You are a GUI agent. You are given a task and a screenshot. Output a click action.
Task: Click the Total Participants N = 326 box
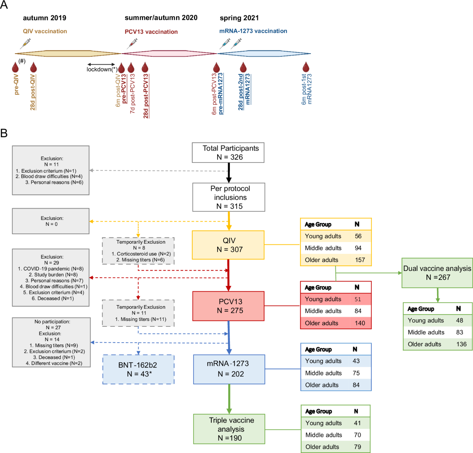[x=228, y=153]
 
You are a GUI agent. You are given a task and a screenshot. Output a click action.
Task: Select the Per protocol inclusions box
[x=229, y=197]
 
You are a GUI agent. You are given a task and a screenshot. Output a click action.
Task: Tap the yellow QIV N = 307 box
[x=228, y=245]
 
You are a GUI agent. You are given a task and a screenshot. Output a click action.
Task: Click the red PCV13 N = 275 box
[x=228, y=306]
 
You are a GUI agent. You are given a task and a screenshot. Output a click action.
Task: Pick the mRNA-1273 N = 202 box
[x=229, y=369]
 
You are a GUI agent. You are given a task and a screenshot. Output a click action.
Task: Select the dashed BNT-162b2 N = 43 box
[x=138, y=369]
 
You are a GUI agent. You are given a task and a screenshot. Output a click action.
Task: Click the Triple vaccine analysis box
[x=229, y=429]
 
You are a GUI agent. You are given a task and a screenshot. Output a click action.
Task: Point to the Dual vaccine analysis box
[x=437, y=273]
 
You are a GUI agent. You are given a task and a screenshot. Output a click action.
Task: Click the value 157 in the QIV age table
[x=359, y=260]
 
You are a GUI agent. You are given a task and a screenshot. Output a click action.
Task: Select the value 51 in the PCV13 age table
[x=358, y=299]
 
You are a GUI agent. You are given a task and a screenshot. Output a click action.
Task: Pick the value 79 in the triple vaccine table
[x=357, y=447]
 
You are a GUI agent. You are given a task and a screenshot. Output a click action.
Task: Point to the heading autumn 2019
[x=45, y=18]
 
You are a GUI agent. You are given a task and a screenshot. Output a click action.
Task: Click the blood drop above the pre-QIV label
[x=16, y=67]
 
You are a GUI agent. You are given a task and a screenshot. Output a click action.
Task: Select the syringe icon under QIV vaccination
[x=26, y=43]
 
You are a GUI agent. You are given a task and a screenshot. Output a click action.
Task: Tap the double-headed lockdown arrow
[x=101, y=64]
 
